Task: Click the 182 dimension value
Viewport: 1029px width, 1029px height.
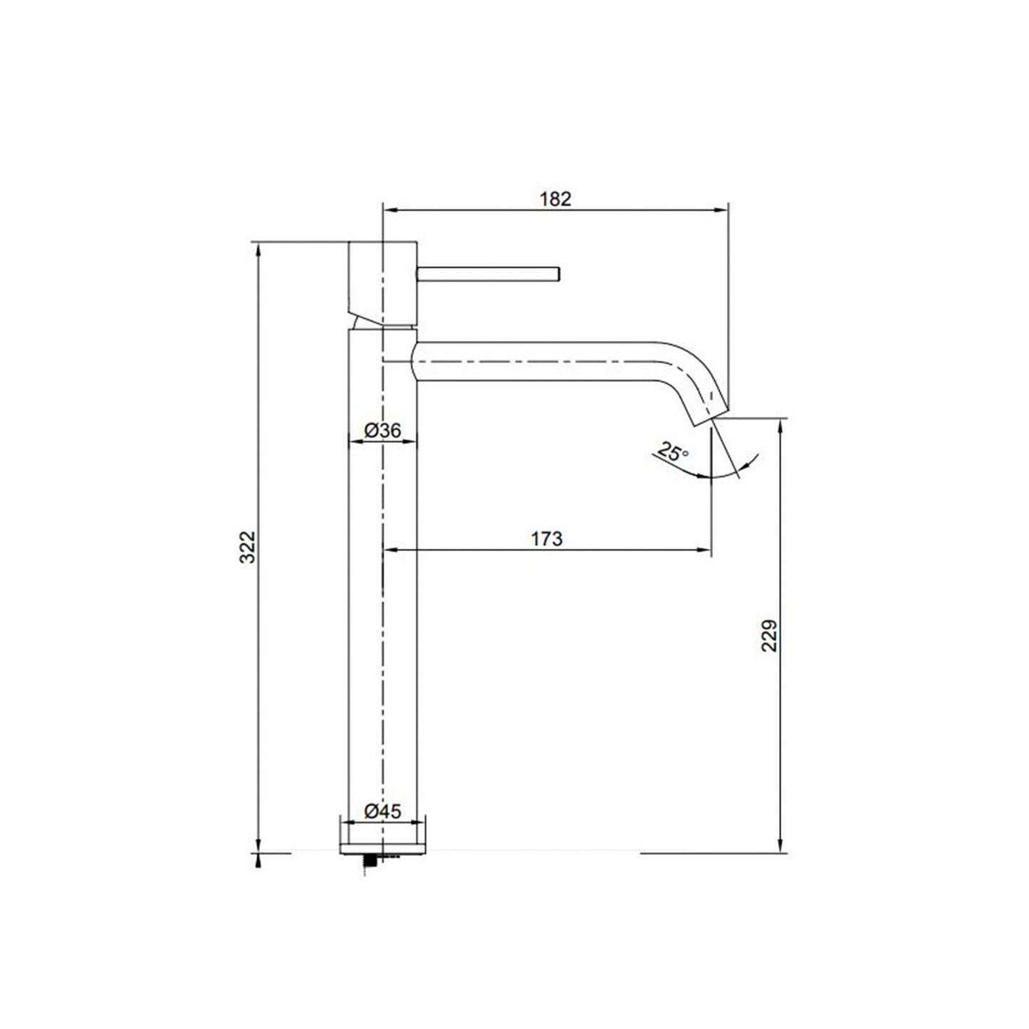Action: pyautogui.click(x=555, y=199)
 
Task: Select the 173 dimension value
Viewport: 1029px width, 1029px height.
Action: pyautogui.click(x=547, y=539)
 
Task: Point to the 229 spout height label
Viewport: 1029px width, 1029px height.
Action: pyautogui.click(x=770, y=635)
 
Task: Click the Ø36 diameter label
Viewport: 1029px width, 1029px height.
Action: pyautogui.click(x=383, y=430)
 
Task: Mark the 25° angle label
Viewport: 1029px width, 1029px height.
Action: pyautogui.click(x=674, y=451)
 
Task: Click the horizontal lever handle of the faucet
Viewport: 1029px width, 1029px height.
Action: pyautogui.click(x=488, y=273)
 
